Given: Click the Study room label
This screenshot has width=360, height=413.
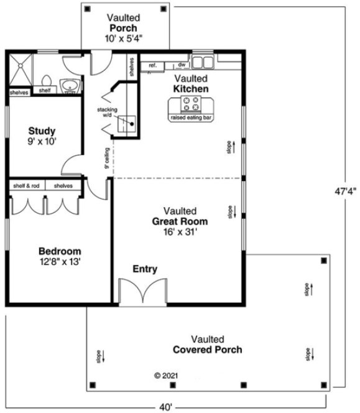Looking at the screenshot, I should pos(42,131).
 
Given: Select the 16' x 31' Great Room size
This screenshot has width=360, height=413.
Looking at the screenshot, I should pos(180,231).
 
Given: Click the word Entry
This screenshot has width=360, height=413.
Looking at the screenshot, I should pos(145,269).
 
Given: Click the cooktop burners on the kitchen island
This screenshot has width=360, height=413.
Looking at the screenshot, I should pos(191,104).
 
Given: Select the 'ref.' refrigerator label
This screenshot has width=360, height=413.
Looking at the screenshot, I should pos(152,65).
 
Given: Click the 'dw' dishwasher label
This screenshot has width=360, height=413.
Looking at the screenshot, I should pos(182,65).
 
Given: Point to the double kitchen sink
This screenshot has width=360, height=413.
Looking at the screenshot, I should pos(201,62).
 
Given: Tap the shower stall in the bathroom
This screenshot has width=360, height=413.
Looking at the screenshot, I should pos(22,69).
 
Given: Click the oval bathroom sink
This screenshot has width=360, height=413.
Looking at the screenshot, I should pos(69,85).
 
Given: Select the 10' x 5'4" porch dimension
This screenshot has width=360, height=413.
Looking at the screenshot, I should pos(124,39).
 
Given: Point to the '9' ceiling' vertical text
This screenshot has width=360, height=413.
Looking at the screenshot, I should pos(108,158).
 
